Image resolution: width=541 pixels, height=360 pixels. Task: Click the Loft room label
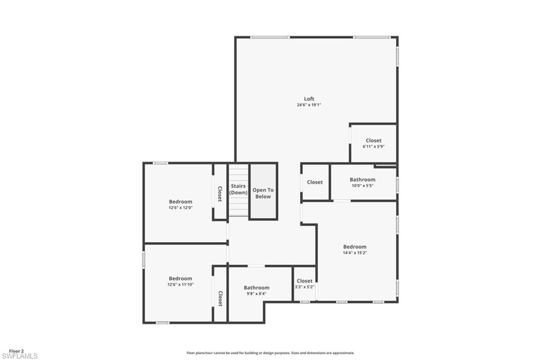309,99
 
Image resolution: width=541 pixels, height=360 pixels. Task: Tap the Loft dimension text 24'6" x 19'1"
309,105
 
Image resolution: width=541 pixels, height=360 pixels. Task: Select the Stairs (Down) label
238,189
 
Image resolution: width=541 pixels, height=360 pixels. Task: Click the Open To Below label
263,193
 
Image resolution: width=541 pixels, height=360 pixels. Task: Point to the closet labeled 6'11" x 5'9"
373,143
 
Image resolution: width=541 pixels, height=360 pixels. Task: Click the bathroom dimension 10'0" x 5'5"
362,186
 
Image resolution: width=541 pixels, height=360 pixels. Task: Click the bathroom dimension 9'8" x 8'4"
256,293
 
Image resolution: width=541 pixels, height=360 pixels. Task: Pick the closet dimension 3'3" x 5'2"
304,287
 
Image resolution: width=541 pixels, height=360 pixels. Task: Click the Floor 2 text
16,351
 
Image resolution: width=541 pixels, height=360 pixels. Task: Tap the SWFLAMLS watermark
20,356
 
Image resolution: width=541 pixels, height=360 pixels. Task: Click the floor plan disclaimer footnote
270,353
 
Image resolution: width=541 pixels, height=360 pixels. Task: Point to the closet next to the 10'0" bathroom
315,182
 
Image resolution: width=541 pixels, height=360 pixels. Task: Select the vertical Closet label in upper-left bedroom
220,193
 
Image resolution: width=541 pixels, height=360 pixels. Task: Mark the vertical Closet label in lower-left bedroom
220,298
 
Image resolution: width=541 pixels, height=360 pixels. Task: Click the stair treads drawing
238,209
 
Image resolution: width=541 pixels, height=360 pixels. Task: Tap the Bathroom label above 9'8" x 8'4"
256,288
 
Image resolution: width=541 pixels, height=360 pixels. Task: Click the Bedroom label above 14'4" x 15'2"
355,247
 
